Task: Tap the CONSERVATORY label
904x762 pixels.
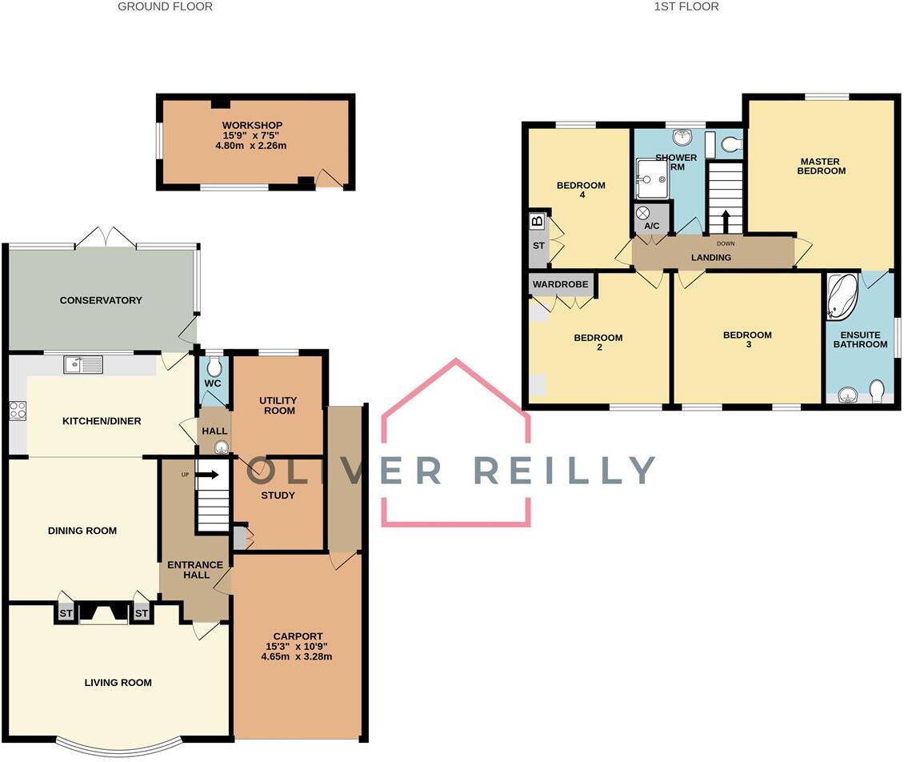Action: [x=101, y=300]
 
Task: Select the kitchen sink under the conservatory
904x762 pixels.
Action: [x=83, y=365]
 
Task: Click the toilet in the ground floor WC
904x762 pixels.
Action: [x=214, y=367]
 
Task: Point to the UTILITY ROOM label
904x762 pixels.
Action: [x=278, y=405]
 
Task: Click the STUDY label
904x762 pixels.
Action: [x=278, y=495]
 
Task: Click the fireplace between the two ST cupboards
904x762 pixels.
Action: [x=103, y=613]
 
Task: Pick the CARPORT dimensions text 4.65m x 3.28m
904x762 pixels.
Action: [x=296, y=657]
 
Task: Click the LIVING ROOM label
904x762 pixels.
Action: [x=118, y=683]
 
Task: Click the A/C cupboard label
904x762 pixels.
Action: [x=652, y=226]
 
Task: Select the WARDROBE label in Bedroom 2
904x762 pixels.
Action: [x=561, y=284]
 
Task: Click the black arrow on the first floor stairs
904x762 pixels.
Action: [x=726, y=220]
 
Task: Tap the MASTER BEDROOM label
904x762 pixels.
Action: [x=820, y=166]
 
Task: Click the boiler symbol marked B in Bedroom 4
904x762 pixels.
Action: [x=537, y=220]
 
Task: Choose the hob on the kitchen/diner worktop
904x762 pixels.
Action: [x=17, y=411]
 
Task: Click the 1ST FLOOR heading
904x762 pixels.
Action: [x=686, y=6]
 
